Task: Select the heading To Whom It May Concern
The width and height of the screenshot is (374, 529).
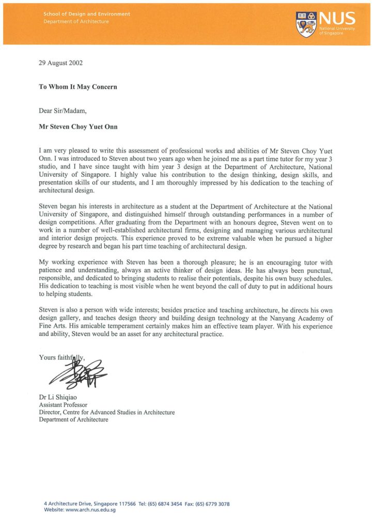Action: coord(78,87)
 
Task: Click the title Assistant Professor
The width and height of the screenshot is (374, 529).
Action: coord(63,404)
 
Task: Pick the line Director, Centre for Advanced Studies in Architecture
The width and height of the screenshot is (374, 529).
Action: coord(106,412)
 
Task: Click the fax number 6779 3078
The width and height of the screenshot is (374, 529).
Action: coord(216,504)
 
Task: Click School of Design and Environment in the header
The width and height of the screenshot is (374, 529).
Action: coord(87,14)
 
